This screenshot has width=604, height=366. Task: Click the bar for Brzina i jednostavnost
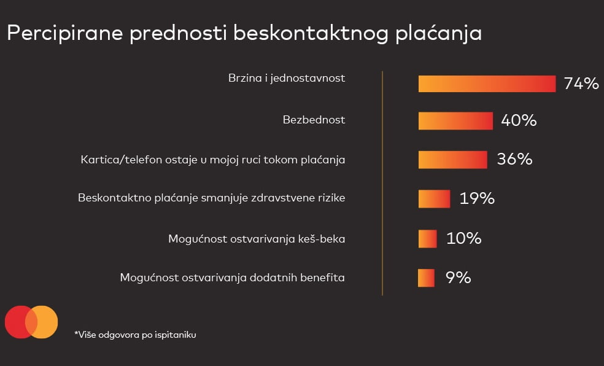(x=487, y=84)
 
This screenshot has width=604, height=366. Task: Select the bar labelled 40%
(x=455, y=120)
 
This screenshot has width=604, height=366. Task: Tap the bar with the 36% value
(x=452, y=160)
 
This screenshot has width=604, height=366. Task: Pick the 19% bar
(x=434, y=199)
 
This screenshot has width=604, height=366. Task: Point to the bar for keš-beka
(x=428, y=238)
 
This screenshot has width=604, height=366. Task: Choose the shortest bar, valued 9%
(x=426, y=278)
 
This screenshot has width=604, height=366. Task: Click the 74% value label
(x=581, y=84)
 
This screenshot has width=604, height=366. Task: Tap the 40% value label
(x=519, y=120)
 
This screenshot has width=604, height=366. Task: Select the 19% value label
(x=477, y=198)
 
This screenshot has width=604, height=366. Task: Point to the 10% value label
(x=464, y=238)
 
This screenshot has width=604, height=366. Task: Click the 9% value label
(x=458, y=278)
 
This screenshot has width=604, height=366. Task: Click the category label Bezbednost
(x=314, y=120)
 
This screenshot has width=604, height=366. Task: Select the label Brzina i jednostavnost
(x=287, y=78)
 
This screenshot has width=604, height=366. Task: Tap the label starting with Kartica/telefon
(x=212, y=160)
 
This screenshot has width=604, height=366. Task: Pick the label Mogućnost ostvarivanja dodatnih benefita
(x=232, y=278)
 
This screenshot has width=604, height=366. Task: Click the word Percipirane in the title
(x=64, y=34)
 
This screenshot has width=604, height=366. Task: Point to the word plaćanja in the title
(x=438, y=34)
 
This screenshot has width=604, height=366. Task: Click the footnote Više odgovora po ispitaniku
(x=135, y=335)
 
